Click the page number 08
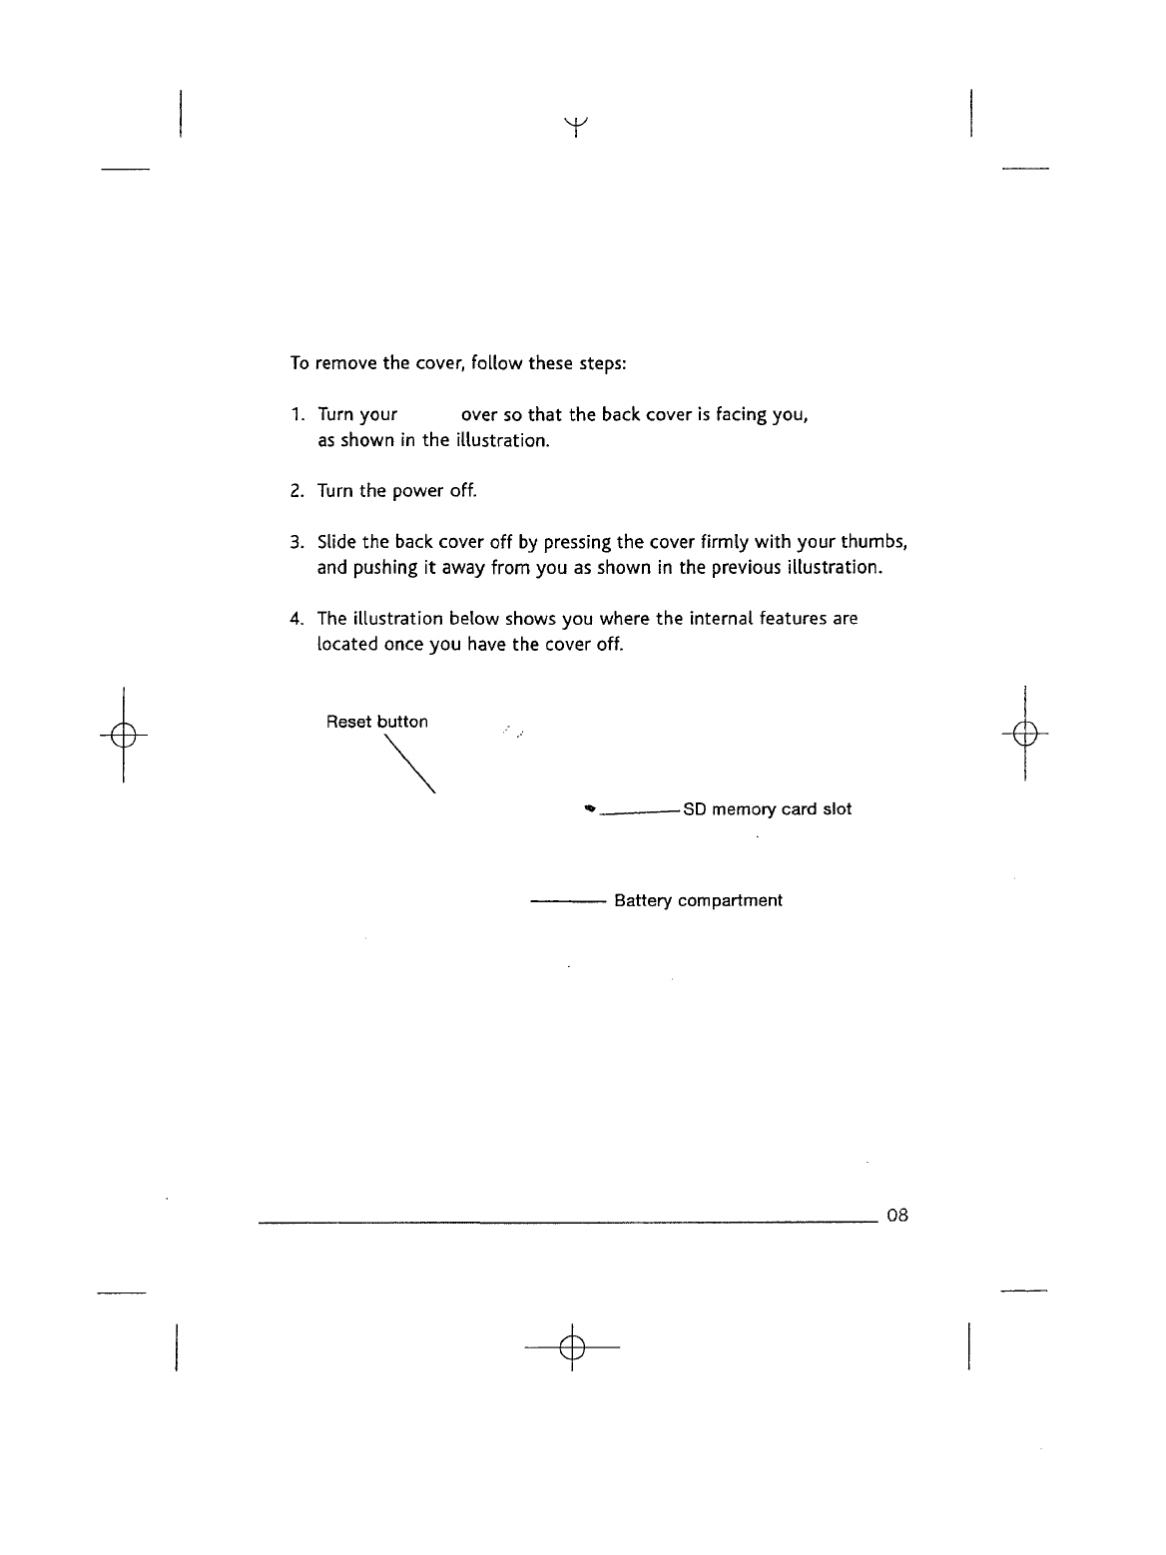point(896,1216)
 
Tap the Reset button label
point(376,722)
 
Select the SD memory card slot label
point(767,808)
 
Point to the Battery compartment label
point(698,900)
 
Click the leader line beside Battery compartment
point(567,900)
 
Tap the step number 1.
point(296,415)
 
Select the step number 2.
point(296,491)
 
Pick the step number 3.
point(296,543)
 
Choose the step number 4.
point(296,619)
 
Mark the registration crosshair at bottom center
point(571,1347)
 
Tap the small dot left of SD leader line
point(591,809)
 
